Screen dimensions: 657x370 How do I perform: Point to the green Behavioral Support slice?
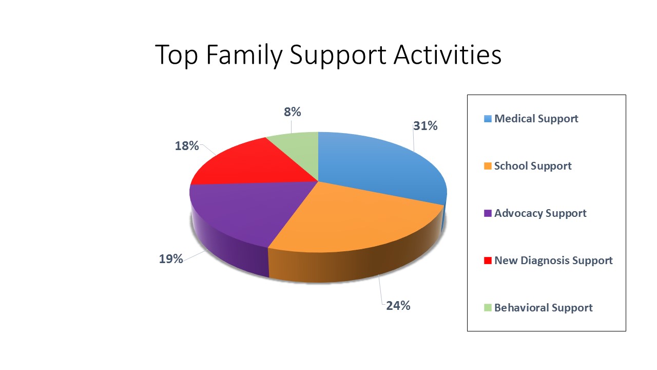click(x=299, y=150)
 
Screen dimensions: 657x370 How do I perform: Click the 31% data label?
click(x=426, y=126)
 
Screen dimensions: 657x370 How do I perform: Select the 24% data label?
click(x=398, y=306)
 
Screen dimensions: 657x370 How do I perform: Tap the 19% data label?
click(x=171, y=259)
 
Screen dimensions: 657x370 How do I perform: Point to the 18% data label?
click(x=187, y=146)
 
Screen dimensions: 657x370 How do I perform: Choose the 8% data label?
click(x=293, y=112)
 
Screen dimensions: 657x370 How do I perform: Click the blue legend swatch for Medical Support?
click(x=488, y=119)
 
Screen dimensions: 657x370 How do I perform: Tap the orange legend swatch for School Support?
click(x=488, y=166)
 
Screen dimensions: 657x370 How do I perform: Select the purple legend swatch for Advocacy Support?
click(x=488, y=213)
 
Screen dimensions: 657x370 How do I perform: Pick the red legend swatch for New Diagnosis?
click(x=488, y=261)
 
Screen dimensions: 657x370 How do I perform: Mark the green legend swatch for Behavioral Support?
click(x=488, y=308)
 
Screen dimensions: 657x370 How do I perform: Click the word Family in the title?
click(x=244, y=55)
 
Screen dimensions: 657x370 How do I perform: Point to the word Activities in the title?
click(x=448, y=54)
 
